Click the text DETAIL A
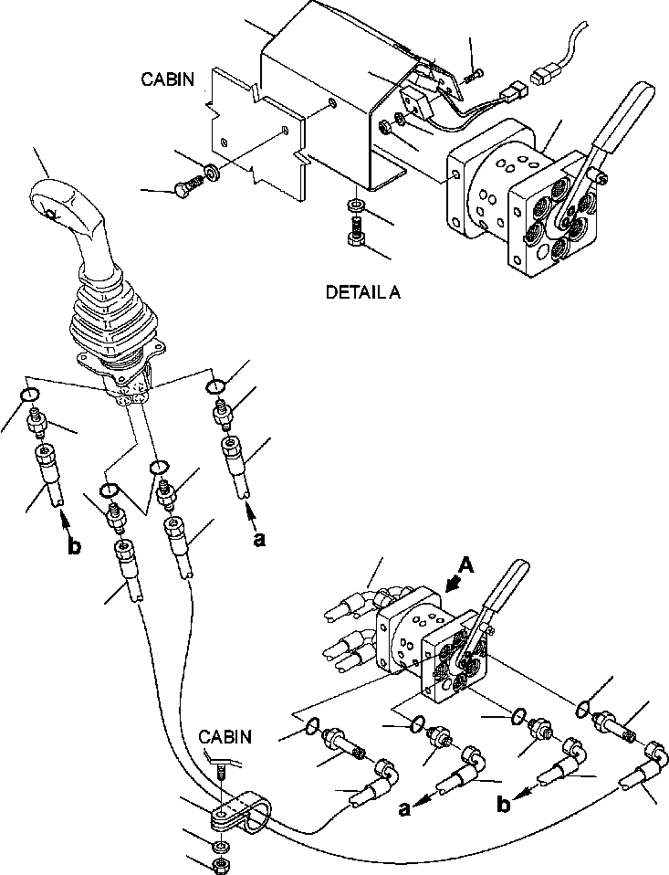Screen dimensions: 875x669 pyautogui.click(x=362, y=293)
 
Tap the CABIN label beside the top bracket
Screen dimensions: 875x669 pyautogui.click(x=167, y=79)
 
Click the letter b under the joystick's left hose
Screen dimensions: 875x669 pyautogui.click(x=74, y=548)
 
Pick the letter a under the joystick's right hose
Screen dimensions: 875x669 pyautogui.click(x=259, y=540)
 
